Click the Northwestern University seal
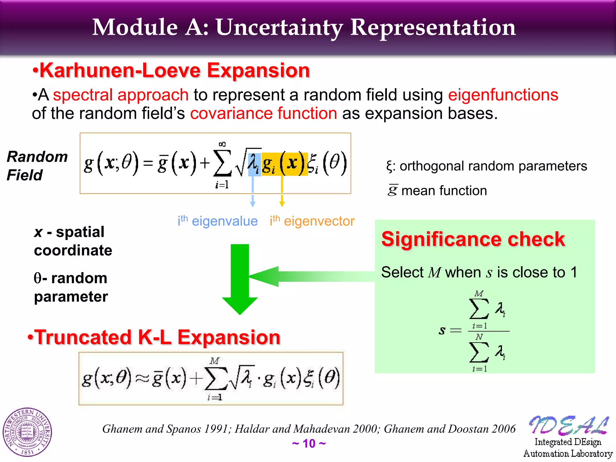27,432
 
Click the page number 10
309,444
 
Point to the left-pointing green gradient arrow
310,276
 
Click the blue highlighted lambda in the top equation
254,164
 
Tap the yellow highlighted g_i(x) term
284,164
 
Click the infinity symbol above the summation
222,144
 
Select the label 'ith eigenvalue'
217,221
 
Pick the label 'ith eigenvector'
312,221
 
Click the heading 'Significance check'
473,239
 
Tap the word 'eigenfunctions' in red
503,95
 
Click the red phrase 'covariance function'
263,114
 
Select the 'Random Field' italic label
37,166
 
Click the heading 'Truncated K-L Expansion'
154,337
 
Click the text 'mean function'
444,191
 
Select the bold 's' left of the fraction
442,331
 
